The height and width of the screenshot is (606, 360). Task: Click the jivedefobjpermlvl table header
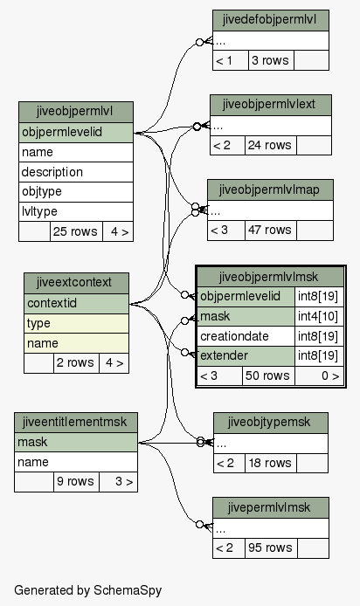[271, 20]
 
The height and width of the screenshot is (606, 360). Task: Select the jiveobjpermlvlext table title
[271, 105]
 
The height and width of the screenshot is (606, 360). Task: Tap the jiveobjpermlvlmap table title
[270, 189]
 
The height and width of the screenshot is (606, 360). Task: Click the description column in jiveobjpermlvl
[76, 172]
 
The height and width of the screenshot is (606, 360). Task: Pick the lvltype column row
[76, 212]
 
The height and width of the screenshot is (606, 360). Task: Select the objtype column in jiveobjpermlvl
[76, 192]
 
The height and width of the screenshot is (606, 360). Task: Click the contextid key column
[76, 303]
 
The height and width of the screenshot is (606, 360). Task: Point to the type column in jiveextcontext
[76, 323]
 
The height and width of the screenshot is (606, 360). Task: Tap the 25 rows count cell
[76, 231]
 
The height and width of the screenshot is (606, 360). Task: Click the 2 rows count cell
[76, 363]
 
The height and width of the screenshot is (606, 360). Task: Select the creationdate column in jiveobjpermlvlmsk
[246, 336]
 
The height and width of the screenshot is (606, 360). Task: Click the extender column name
[246, 356]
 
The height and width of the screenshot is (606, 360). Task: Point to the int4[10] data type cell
[319, 316]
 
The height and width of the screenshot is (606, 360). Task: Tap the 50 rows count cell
[268, 375]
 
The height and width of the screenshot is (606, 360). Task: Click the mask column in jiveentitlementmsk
[76, 442]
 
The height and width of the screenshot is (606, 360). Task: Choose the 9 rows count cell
[76, 481]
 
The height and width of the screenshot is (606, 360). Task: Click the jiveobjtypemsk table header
[271, 423]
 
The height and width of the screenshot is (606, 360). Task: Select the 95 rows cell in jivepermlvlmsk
[271, 548]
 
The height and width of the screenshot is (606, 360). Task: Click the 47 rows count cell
[270, 231]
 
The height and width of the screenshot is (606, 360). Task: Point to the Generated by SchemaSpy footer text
[87, 590]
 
